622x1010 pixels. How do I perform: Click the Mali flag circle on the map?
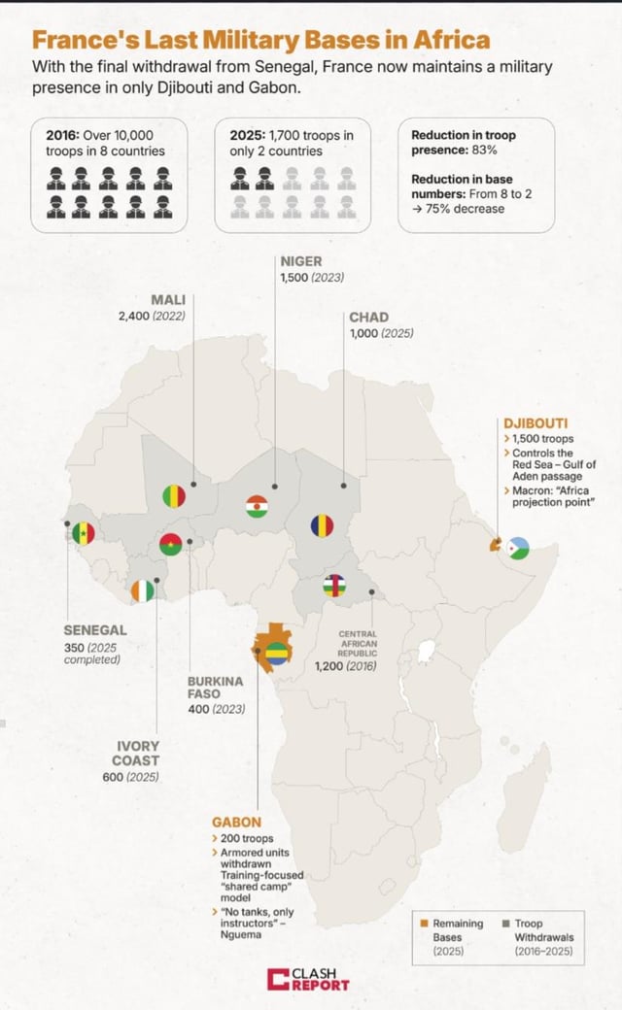click(x=174, y=495)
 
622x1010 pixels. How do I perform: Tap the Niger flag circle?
click(x=257, y=506)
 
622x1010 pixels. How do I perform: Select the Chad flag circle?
click(x=322, y=525)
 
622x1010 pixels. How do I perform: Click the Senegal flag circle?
click(x=85, y=532)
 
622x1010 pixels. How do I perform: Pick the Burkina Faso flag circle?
click(x=172, y=544)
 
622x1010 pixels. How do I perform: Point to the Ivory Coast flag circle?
click(x=143, y=589)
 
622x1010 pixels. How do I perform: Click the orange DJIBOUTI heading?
click(x=536, y=423)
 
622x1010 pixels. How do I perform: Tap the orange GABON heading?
click(x=236, y=823)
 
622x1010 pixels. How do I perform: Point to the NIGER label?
click(x=300, y=261)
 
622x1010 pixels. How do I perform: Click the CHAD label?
click(x=368, y=318)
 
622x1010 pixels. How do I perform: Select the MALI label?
click(x=168, y=299)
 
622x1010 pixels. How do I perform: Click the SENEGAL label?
click(x=95, y=630)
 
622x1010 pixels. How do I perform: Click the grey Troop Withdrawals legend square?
click(x=506, y=924)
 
